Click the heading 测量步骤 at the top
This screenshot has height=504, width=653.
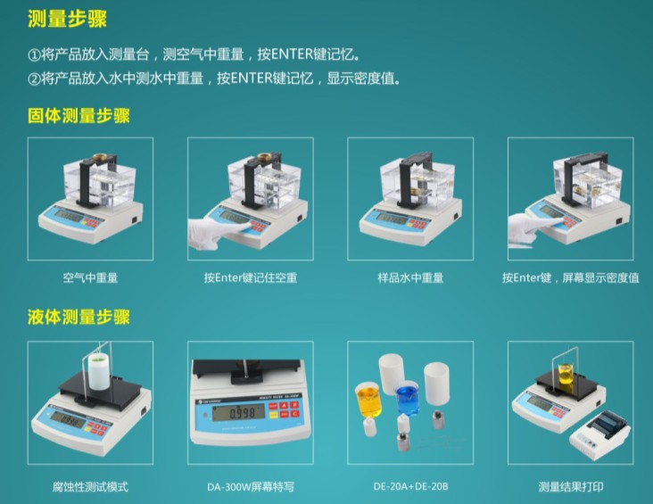(x=67, y=19)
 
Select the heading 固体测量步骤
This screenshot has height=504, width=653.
(x=79, y=115)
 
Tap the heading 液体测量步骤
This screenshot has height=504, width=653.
(x=79, y=317)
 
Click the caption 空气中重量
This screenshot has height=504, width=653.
(x=90, y=277)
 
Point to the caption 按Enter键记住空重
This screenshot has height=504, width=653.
(x=251, y=277)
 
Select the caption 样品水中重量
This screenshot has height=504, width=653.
(x=410, y=277)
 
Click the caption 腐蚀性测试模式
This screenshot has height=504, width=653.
(x=90, y=486)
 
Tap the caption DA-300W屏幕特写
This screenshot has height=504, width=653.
(x=251, y=486)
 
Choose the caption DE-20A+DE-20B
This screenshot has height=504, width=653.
(x=410, y=486)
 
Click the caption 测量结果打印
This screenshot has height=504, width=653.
(x=571, y=486)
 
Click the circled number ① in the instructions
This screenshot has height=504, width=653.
(x=34, y=54)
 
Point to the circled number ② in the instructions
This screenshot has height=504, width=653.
(x=34, y=78)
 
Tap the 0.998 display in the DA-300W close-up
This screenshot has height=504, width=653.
(x=238, y=412)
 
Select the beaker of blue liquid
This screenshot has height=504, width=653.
(x=408, y=399)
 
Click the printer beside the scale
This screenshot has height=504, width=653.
(x=599, y=436)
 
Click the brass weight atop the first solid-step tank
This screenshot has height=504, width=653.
(x=100, y=158)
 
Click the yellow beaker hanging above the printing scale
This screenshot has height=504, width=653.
(x=566, y=376)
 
